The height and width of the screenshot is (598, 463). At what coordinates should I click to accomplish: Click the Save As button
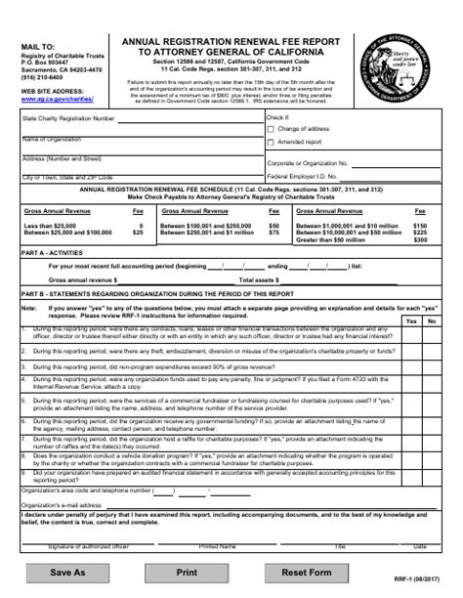click(67, 572)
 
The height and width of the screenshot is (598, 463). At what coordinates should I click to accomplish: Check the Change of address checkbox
click(272, 128)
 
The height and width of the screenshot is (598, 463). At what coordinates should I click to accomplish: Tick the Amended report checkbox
click(272, 141)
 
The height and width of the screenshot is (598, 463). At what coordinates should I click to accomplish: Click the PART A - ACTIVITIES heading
click(58, 251)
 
